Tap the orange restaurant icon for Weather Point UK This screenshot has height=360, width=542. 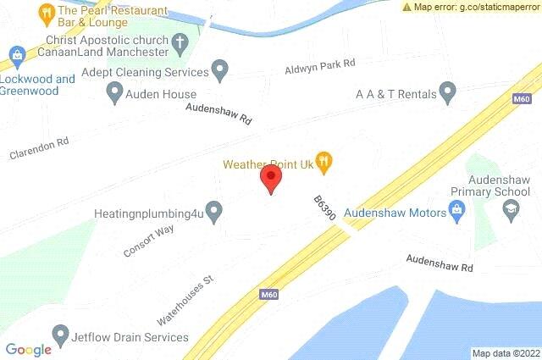tap(322, 159)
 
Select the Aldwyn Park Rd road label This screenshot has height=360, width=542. tap(319, 64)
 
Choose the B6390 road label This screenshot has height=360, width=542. tap(324, 207)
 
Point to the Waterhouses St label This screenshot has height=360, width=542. tap(188, 300)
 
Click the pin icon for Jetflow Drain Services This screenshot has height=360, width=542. tap(60, 336)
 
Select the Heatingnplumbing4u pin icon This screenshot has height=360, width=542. tap(215, 208)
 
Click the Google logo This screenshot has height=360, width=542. tap(29, 349)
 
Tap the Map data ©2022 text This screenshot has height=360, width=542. tap(506, 353)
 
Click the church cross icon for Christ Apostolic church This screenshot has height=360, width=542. tap(180, 41)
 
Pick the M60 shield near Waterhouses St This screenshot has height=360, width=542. tap(268, 294)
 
